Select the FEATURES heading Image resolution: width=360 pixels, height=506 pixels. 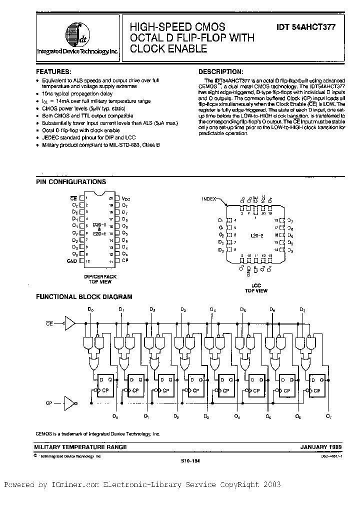[x=57, y=71]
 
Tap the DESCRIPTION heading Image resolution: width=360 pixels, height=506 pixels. [x=221, y=71]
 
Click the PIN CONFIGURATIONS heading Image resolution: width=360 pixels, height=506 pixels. [x=70, y=182]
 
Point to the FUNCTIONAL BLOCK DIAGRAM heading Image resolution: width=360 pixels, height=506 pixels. [x=84, y=296]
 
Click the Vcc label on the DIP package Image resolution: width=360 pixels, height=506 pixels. [x=125, y=198]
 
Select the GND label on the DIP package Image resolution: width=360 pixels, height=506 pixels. [x=72, y=261]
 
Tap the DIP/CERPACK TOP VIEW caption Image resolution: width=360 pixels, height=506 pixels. [x=100, y=278]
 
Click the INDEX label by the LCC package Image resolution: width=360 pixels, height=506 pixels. [x=209, y=198]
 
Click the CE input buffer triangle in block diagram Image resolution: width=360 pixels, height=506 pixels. [x=70, y=323]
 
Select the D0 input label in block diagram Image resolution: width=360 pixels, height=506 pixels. [x=90, y=310]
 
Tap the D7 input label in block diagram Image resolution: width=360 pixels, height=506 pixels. [x=302, y=310]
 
